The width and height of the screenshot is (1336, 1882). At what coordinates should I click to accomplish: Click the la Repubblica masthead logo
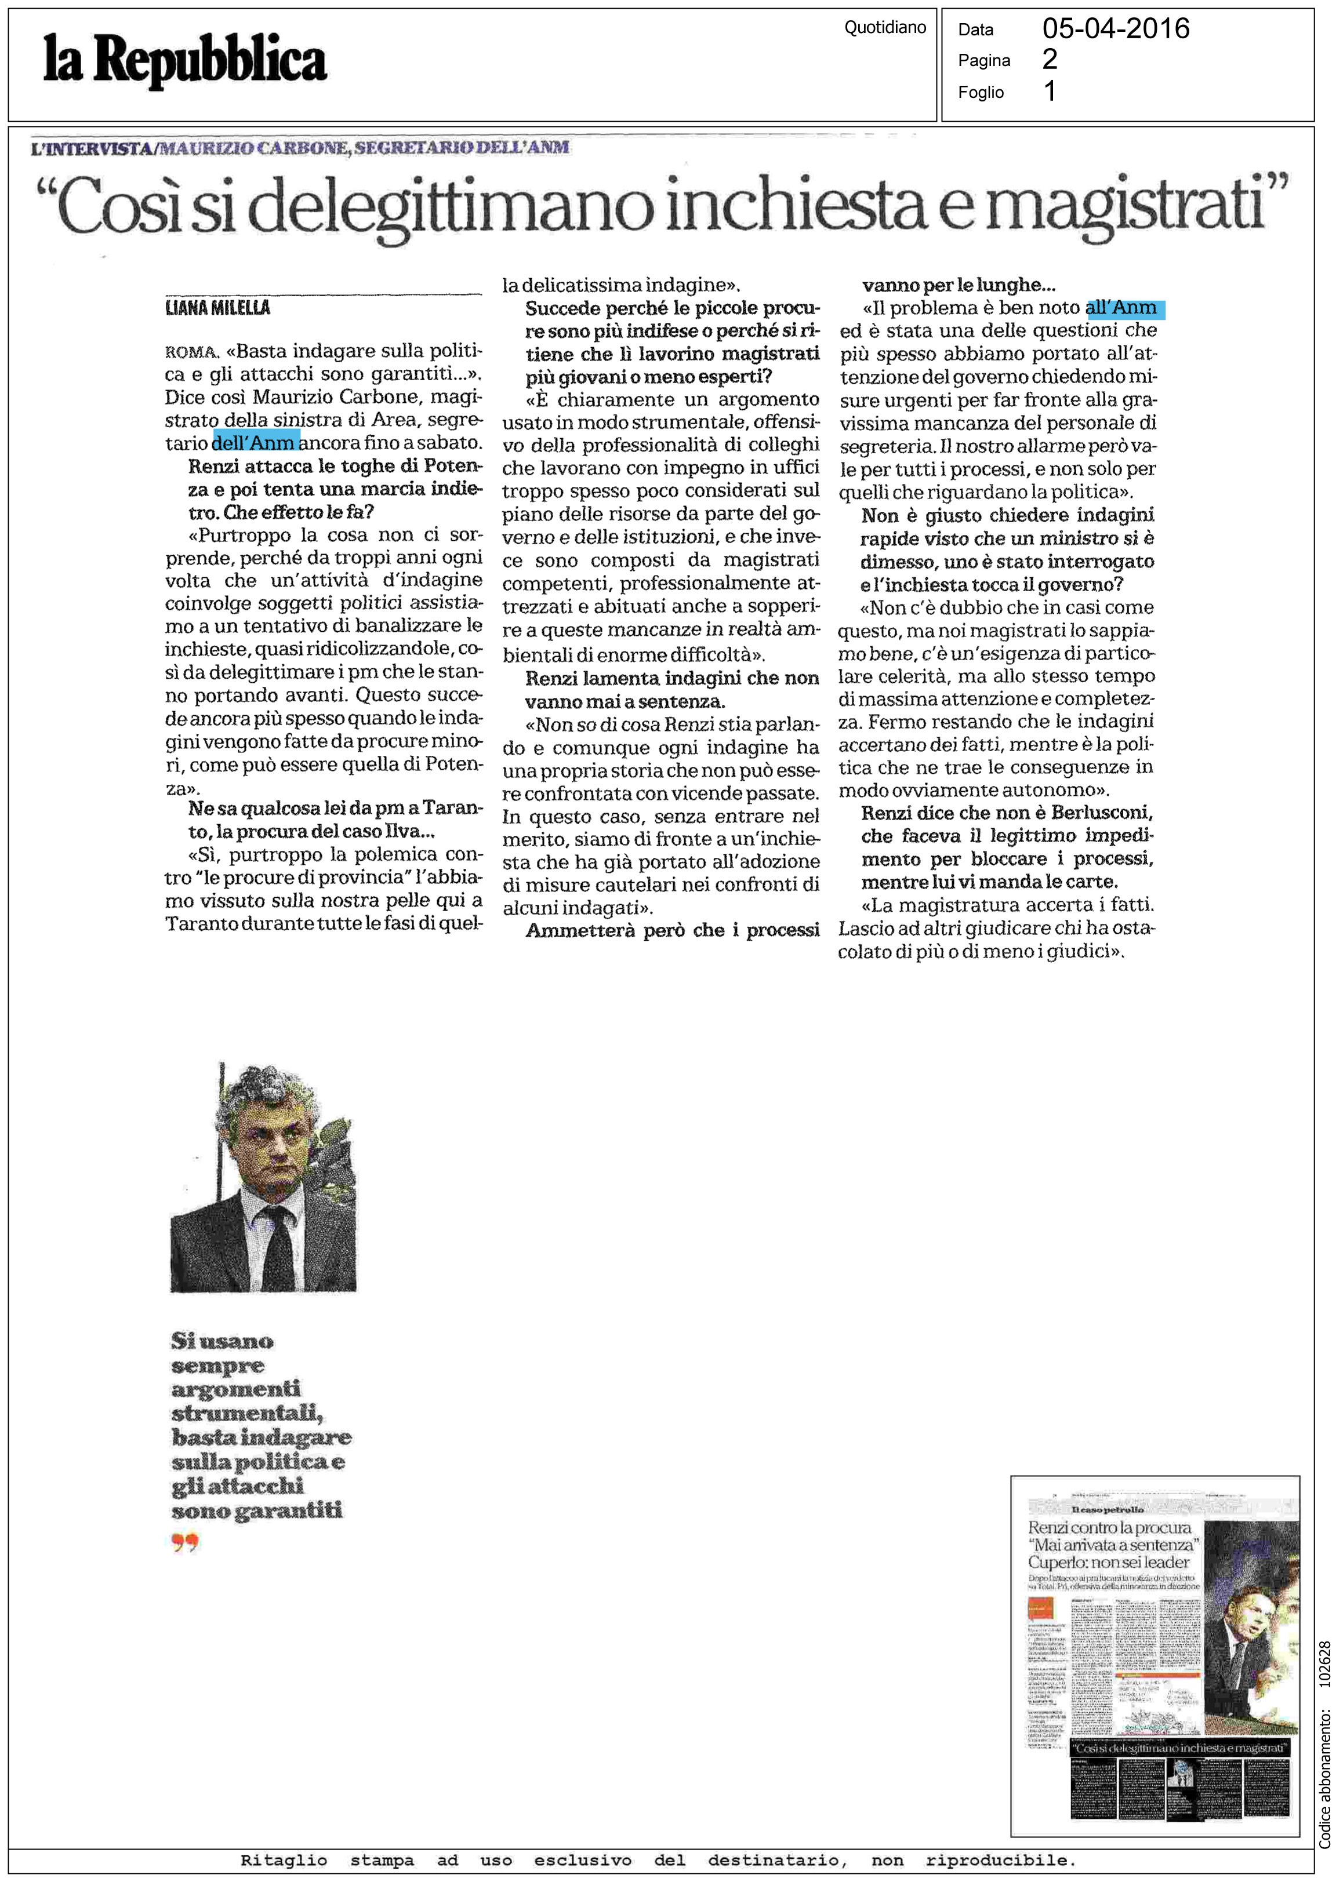pos(185,61)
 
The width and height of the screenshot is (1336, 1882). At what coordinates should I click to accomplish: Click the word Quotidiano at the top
pos(884,28)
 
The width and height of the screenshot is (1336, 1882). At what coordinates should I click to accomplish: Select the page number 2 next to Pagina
pos(1050,59)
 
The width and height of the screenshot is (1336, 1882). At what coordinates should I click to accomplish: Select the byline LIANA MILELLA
pos(217,308)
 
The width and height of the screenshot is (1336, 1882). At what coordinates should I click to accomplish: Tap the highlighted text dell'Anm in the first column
pos(255,442)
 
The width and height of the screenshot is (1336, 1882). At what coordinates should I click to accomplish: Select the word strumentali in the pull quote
pos(247,1413)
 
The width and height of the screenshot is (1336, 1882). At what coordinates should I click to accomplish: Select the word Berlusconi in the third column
pos(1102,813)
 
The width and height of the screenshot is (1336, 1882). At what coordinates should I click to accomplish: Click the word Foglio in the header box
pos(981,92)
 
